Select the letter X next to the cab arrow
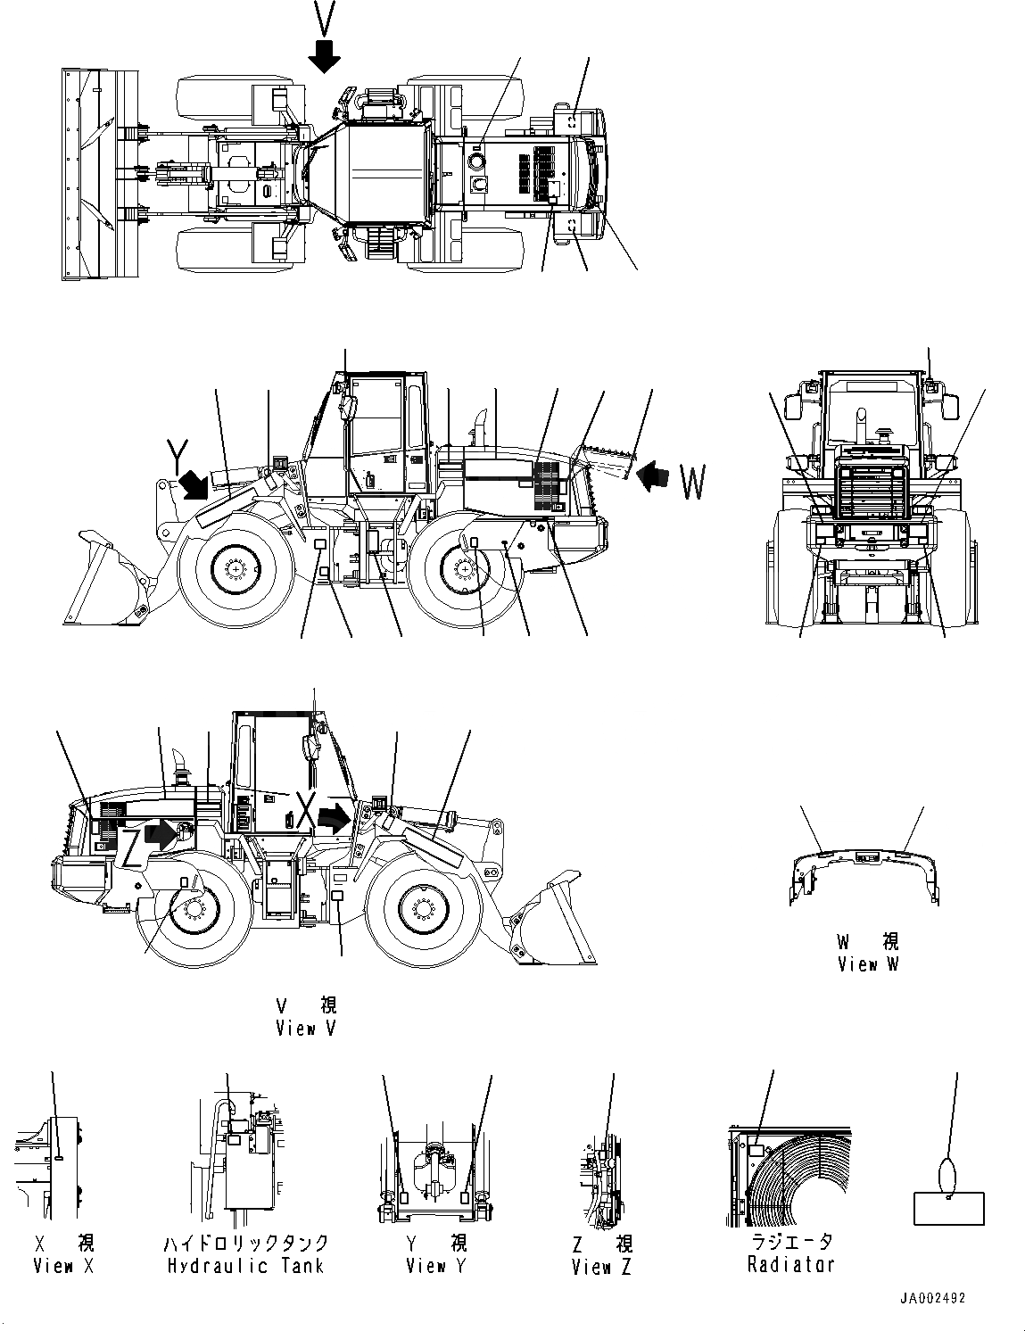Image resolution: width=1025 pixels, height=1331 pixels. coord(306,814)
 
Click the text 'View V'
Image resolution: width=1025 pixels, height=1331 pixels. coord(307,1029)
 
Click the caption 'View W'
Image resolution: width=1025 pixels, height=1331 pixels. coord(868,964)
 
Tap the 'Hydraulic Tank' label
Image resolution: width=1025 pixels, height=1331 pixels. coord(245,1266)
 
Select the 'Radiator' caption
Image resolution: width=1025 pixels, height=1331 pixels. coord(791,1264)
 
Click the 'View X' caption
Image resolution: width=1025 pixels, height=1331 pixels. coord(63,1266)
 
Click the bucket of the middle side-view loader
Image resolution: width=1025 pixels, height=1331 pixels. coord(107,584)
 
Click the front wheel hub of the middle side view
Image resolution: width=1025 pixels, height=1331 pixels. coord(236,567)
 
